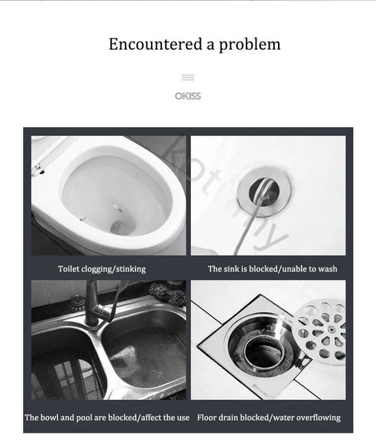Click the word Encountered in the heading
[x=155, y=44]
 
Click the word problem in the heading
[x=250, y=45]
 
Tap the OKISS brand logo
[x=188, y=96]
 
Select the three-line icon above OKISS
[x=188, y=77]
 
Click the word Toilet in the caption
[x=68, y=269]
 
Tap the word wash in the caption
[x=328, y=269]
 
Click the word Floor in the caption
[x=207, y=418]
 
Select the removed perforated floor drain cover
[x=319, y=332]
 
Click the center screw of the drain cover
[x=331, y=329]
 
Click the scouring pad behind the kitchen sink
[x=168, y=293]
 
